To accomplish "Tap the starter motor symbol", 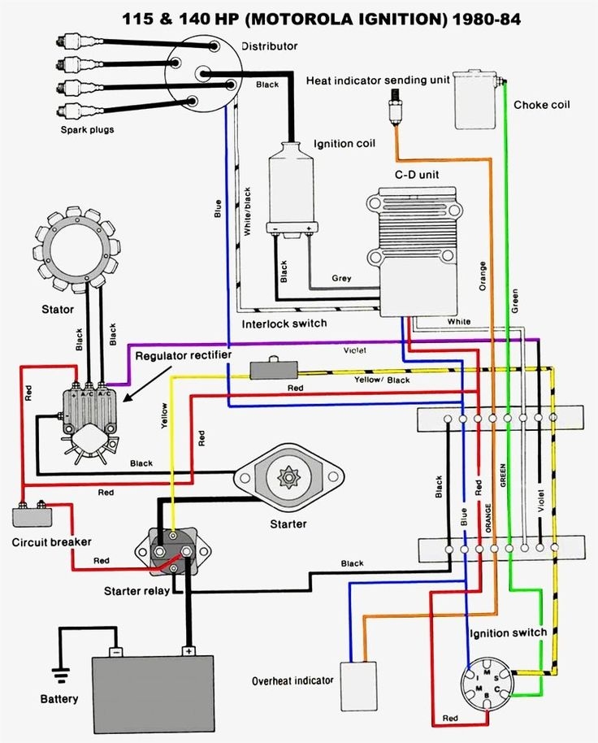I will tap(289, 480).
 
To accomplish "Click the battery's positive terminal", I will tap(188, 651).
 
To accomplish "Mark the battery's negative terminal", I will tap(116, 651).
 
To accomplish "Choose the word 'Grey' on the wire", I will tap(341, 278).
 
